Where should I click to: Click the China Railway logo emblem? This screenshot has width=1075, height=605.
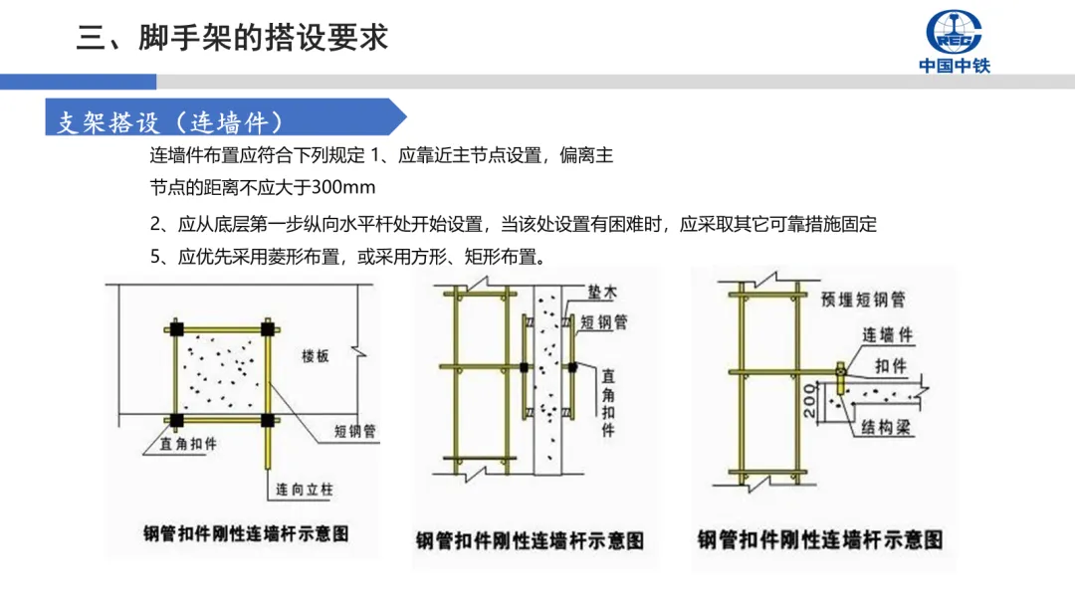[x=954, y=32]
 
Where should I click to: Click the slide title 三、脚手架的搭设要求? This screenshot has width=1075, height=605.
[x=232, y=37]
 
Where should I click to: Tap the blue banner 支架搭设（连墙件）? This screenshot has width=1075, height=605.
[x=169, y=122]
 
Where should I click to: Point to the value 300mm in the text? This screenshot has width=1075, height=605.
[x=343, y=187]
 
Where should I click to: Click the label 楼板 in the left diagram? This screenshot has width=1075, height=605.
[x=315, y=356]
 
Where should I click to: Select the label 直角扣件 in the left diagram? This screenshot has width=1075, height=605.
[x=188, y=445]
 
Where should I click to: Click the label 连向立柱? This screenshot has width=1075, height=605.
[x=302, y=490]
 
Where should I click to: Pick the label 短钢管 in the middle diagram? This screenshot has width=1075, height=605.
[x=602, y=321]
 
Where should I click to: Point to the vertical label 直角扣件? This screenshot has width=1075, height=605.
[x=608, y=403]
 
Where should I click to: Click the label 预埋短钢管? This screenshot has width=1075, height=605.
[x=863, y=300]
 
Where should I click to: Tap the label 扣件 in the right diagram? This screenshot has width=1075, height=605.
[x=891, y=366]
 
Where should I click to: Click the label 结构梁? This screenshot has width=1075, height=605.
[x=888, y=428]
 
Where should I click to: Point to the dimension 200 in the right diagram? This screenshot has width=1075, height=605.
[x=808, y=402]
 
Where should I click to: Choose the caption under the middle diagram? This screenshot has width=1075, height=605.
[x=530, y=540]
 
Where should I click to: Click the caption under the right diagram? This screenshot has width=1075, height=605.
[x=819, y=539]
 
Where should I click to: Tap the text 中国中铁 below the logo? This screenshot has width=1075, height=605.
[x=954, y=67]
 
